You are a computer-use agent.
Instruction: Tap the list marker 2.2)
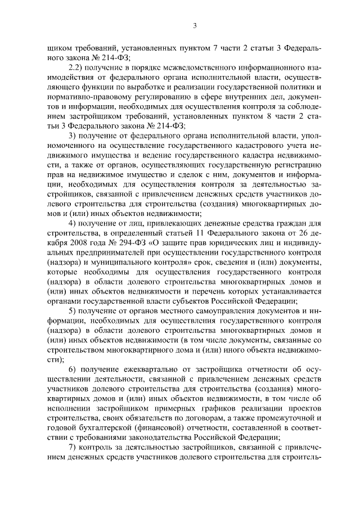76,66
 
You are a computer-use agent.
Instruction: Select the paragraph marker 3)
73,137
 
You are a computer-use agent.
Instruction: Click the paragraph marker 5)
73,310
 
